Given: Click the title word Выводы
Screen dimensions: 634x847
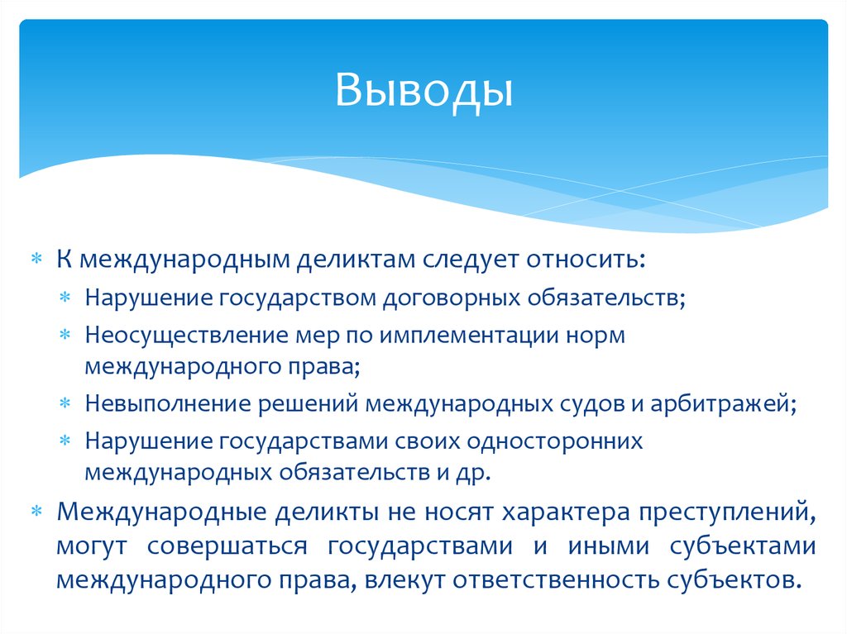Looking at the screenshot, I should point(423,90).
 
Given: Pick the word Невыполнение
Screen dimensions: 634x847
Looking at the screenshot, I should point(151,405).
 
